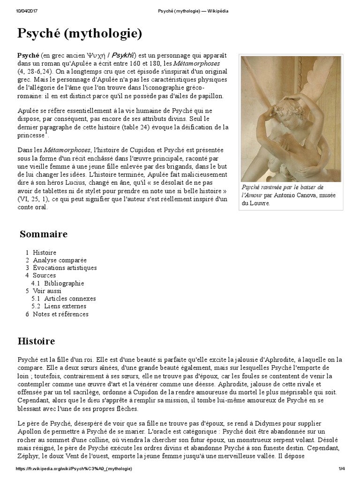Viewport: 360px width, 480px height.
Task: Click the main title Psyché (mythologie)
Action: coord(79,34)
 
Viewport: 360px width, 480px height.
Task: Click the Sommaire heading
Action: coord(44,234)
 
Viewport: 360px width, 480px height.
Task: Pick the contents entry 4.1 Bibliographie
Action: coord(64,283)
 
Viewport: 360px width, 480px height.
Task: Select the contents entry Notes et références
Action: coord(60,314)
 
